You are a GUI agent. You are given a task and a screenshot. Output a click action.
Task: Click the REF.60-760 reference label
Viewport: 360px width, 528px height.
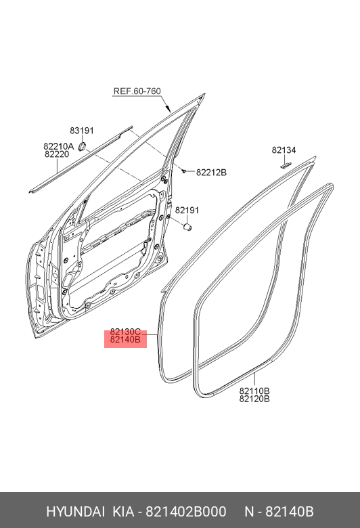coord(137,91)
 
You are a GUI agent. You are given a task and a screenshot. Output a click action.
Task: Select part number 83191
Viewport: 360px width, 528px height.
coord(82,131)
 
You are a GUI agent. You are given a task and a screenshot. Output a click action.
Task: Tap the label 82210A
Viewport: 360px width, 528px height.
coord(58,146)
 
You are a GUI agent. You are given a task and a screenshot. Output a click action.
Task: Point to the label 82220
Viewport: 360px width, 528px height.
coord(57,154)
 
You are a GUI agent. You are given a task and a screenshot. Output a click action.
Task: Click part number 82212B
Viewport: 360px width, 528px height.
coord(212,173)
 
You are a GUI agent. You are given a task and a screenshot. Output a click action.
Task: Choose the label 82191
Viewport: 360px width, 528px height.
coord(187,210)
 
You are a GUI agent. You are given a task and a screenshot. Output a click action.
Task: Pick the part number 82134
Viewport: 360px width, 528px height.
coord(284,150)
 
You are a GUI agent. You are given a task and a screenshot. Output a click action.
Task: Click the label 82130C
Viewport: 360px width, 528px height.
coord(125,332)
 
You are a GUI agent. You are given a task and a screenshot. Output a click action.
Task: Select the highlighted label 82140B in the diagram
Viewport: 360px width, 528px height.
coord(125,340)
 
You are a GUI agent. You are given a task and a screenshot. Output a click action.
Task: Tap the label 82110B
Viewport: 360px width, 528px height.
coord(254,391)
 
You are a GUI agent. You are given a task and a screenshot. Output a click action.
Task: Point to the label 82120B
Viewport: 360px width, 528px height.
coord(254,399)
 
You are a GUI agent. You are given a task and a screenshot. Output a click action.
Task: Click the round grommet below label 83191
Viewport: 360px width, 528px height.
coord(81,147)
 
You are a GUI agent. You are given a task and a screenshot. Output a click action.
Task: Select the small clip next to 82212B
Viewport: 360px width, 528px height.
coord(183,171)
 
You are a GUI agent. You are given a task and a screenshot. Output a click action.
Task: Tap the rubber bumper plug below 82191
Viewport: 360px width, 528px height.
coord(187,227)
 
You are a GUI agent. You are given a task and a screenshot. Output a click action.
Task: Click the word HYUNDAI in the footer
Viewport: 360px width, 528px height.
coord(75,512)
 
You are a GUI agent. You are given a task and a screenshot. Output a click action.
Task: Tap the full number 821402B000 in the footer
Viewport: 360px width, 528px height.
coord(185,512)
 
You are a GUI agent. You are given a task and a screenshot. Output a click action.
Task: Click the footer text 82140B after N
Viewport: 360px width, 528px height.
coord(290,512)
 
